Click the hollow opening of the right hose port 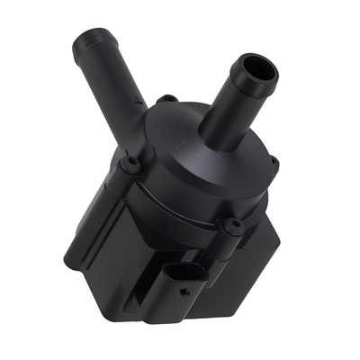click(x=257, y=69)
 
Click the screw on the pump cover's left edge click(x=131, y=165)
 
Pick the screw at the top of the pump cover click(x=166, y=99)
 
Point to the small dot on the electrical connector click(x=184, y=291)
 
